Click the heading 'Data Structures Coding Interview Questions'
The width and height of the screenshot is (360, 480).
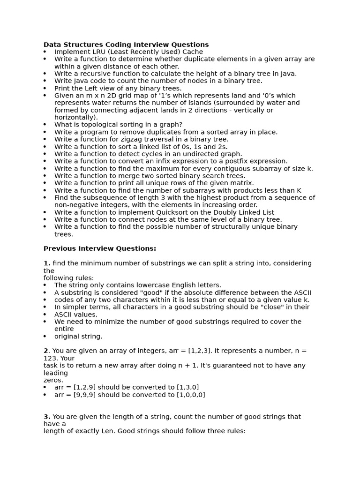tap(126, 45)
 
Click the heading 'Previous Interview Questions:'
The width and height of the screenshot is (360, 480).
tap(100, 248)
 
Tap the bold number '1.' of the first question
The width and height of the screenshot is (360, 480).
tap(47, 263)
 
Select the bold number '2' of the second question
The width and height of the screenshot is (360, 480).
tap(46, 351)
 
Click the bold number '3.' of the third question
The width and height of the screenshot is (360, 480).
tap(47, 417)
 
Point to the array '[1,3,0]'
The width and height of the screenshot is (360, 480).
tap(187, 387)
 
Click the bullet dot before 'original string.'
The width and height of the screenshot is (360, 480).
tap(45, 337)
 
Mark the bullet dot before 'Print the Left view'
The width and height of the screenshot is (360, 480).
tap(45, 88)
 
